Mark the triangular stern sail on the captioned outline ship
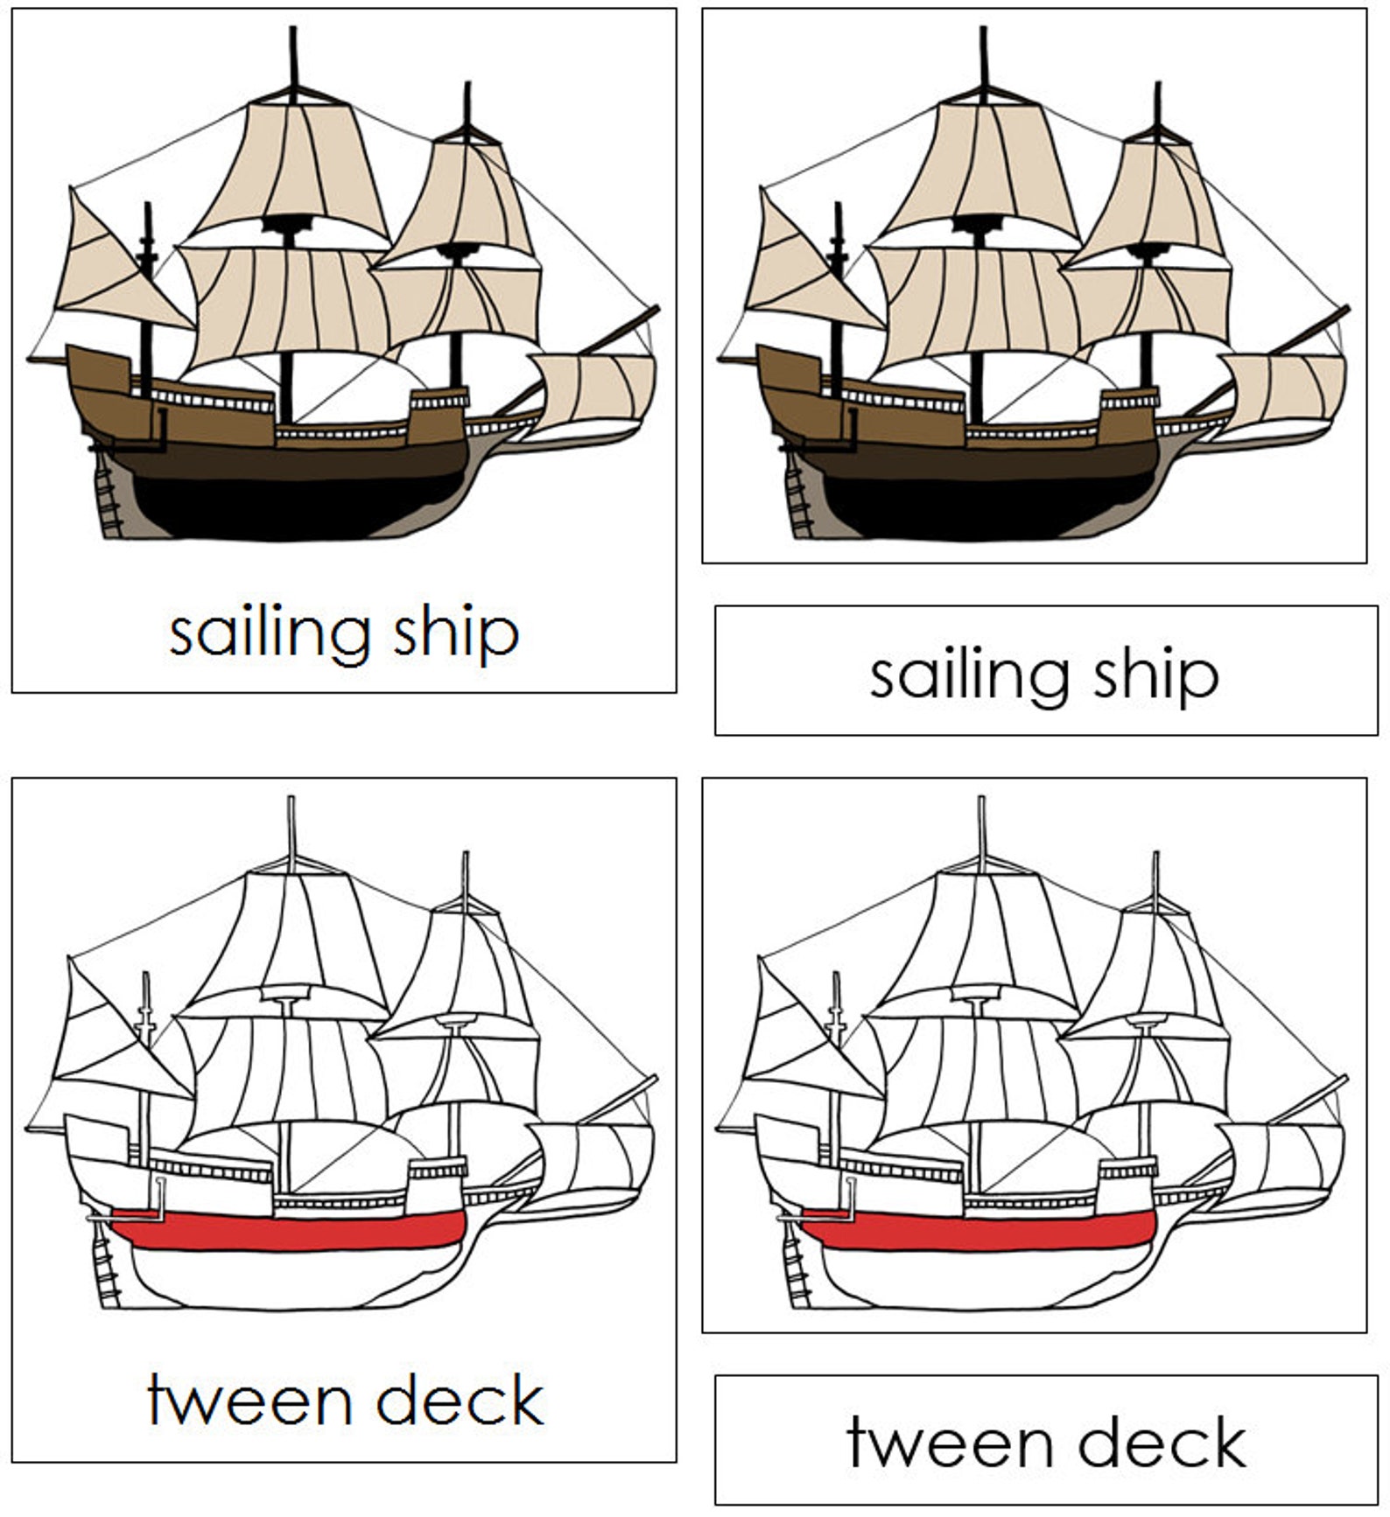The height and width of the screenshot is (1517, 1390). point(114,1041)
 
